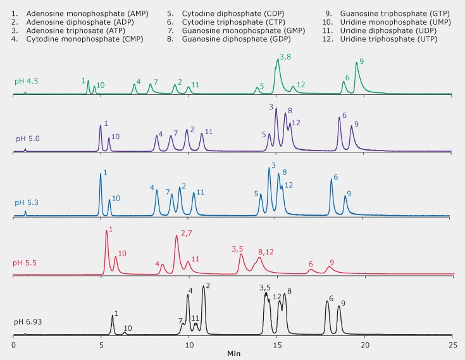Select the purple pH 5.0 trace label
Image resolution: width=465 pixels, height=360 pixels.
pos(27,139)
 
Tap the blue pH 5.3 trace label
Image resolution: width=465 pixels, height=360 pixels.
pos(27,202)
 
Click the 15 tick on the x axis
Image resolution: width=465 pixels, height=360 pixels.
pos(276,345)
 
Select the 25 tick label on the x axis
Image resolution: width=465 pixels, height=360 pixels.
pos(452,345)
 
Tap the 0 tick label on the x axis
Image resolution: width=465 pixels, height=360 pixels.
pos(13,345)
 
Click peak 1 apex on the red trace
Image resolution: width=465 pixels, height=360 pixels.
pos(106,231)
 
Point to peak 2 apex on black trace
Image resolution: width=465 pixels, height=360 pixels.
pos(203,287)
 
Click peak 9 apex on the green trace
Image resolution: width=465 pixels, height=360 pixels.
pos(357,70)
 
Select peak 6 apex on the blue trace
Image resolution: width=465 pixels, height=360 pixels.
pos(331,180)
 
